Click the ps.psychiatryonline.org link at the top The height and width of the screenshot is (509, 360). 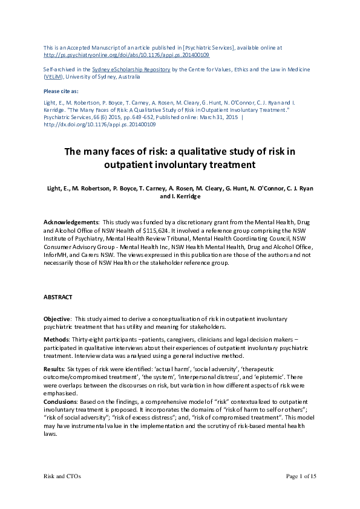coord(127,54)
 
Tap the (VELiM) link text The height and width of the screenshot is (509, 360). coord(53,77)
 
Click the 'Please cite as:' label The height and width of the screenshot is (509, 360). coord(62,91)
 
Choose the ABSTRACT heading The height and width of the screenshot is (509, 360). coord(58,297)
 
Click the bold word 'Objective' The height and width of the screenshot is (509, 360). coord(57,319)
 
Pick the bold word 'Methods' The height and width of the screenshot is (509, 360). coord(56,340)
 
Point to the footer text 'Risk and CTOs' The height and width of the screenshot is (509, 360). coord(62,476)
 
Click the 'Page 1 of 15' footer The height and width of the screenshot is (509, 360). coord(301,476)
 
